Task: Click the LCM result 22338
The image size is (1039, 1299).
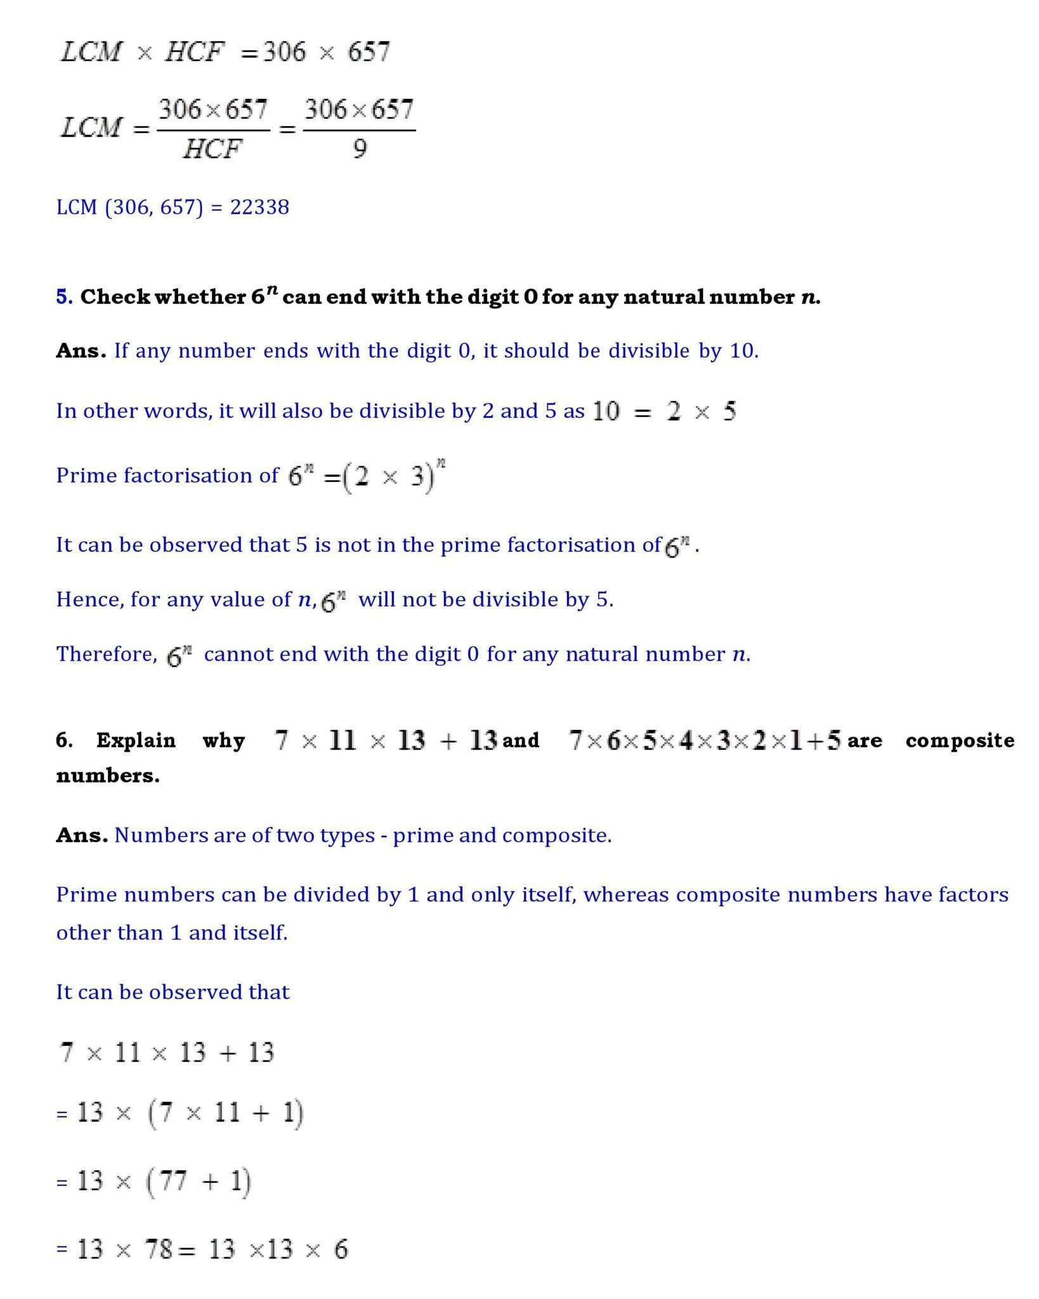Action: tap(259, 207)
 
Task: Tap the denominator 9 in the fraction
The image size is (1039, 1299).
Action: tap(359, 150)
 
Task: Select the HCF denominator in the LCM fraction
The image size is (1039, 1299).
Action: tap(212, 150)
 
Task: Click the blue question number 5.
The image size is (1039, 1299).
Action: tap(64, 297)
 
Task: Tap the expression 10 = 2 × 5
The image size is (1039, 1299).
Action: tap(664, 412)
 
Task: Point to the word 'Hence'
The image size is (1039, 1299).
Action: tap(89, 599)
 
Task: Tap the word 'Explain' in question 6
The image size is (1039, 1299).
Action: tap(136, 740)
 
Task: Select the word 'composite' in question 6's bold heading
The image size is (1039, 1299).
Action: tap(960, 740)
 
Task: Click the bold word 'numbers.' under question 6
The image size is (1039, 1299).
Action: tap(108, 775)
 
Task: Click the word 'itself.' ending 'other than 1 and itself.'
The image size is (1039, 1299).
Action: tap(262, 932)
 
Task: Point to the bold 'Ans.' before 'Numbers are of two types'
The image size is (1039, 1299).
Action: tap(81, 835)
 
